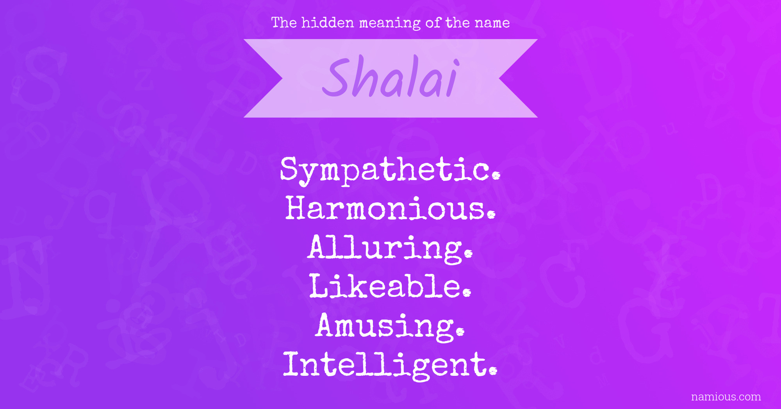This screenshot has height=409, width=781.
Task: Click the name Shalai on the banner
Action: click(390, 77)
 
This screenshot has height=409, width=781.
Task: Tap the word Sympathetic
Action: click(390, 170)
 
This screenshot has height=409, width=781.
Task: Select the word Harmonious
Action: click(390, 208)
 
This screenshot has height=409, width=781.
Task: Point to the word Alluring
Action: click(390, 249)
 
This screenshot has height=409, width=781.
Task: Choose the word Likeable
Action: click(390, 286)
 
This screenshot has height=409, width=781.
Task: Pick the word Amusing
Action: click(390, 327)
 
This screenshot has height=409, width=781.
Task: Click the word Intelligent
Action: click(390, 366)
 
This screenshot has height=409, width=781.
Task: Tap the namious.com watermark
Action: click(726, 396)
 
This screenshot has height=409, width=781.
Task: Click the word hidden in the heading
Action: click(328, 22)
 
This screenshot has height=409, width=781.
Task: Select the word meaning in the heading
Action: click(390, 23)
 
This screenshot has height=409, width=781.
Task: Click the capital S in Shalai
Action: click(337, 77)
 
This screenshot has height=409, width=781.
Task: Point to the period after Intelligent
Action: click(493, 371)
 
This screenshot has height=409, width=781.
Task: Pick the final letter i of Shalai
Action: click(454, 78)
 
